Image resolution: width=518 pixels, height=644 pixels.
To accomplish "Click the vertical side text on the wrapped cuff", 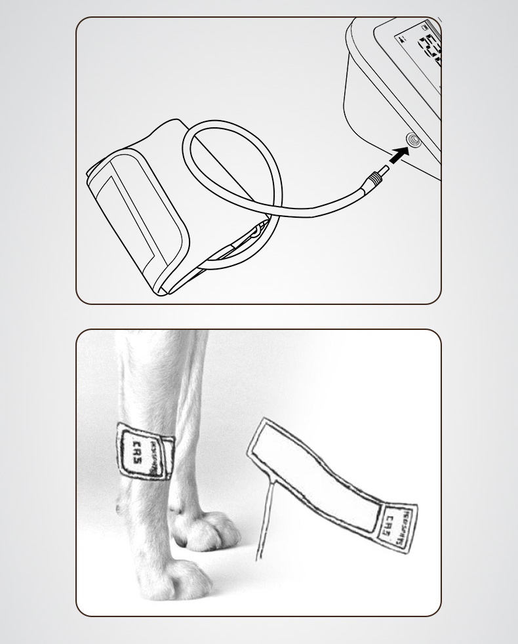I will point(155,458).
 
